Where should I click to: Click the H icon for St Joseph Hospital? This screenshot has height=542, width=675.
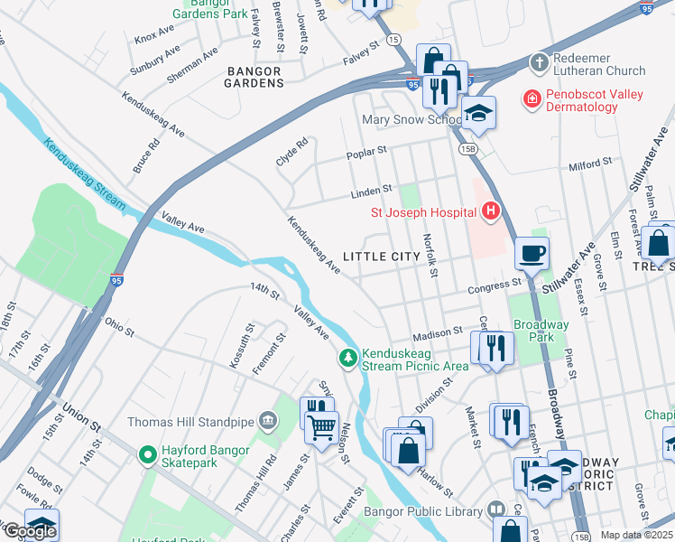[491, 212]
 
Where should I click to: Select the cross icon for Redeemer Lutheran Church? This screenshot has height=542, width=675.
[539, 62]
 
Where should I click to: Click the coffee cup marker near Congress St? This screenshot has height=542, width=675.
[532, 253]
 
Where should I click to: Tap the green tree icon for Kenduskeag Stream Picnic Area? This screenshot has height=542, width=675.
[347, 359]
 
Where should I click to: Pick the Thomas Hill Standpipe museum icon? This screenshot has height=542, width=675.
[268, 420]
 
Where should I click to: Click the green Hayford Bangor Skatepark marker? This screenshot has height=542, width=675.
[146, 454]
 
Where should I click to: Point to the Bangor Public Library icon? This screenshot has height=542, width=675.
[495, 511]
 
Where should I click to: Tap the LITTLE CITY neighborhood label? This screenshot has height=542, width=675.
[382, 257]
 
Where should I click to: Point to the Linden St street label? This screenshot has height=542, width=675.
[373, 191]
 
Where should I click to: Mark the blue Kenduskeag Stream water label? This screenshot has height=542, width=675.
[83, 173]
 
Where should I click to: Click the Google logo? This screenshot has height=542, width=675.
[30, 530]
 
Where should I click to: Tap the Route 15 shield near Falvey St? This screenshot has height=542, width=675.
[393, 40]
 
